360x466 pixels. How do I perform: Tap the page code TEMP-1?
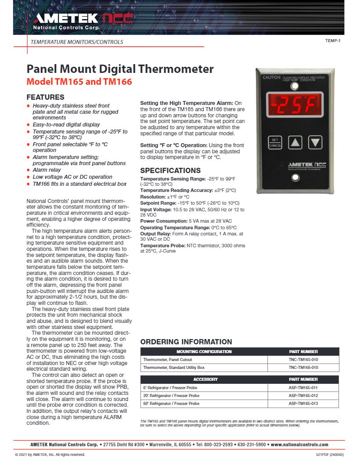333,41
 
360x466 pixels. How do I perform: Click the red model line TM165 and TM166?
79,82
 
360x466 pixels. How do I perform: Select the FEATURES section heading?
46,97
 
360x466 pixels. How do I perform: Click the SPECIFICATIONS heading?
170,170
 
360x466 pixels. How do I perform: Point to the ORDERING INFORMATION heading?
186,342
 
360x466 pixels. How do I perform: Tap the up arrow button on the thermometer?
295,142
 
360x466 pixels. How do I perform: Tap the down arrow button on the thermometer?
315,142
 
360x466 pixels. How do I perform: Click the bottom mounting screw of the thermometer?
295,177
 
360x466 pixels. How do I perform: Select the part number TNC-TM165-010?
303,359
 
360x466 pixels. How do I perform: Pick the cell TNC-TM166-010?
303,367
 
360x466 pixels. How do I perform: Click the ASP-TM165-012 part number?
303,396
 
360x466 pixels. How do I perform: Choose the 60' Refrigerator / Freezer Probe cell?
171,403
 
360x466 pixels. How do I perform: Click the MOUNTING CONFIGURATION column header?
204,351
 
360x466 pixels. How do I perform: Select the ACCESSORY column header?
204,379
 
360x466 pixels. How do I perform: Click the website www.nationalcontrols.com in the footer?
299,445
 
